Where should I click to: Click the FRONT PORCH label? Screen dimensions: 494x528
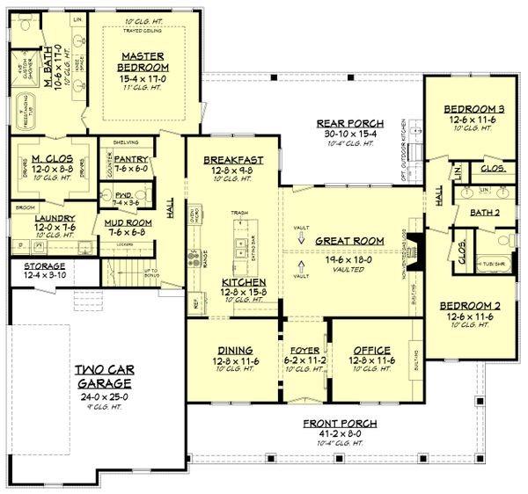pos(330,423)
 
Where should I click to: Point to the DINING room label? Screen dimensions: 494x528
pos(228,348)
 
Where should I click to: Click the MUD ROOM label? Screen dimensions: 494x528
pos(122,223)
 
